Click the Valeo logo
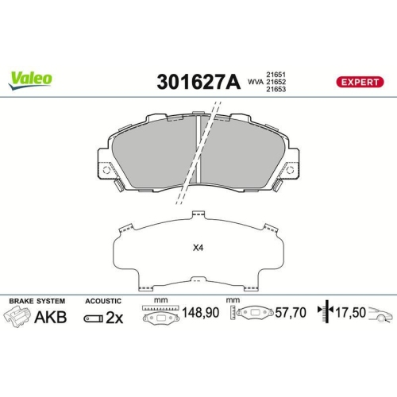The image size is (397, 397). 31,78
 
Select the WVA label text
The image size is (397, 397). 254,81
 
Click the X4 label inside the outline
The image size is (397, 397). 198,246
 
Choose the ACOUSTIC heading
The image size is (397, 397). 102,302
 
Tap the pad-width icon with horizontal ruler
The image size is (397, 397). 160,316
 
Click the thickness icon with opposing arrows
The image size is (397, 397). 322,314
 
